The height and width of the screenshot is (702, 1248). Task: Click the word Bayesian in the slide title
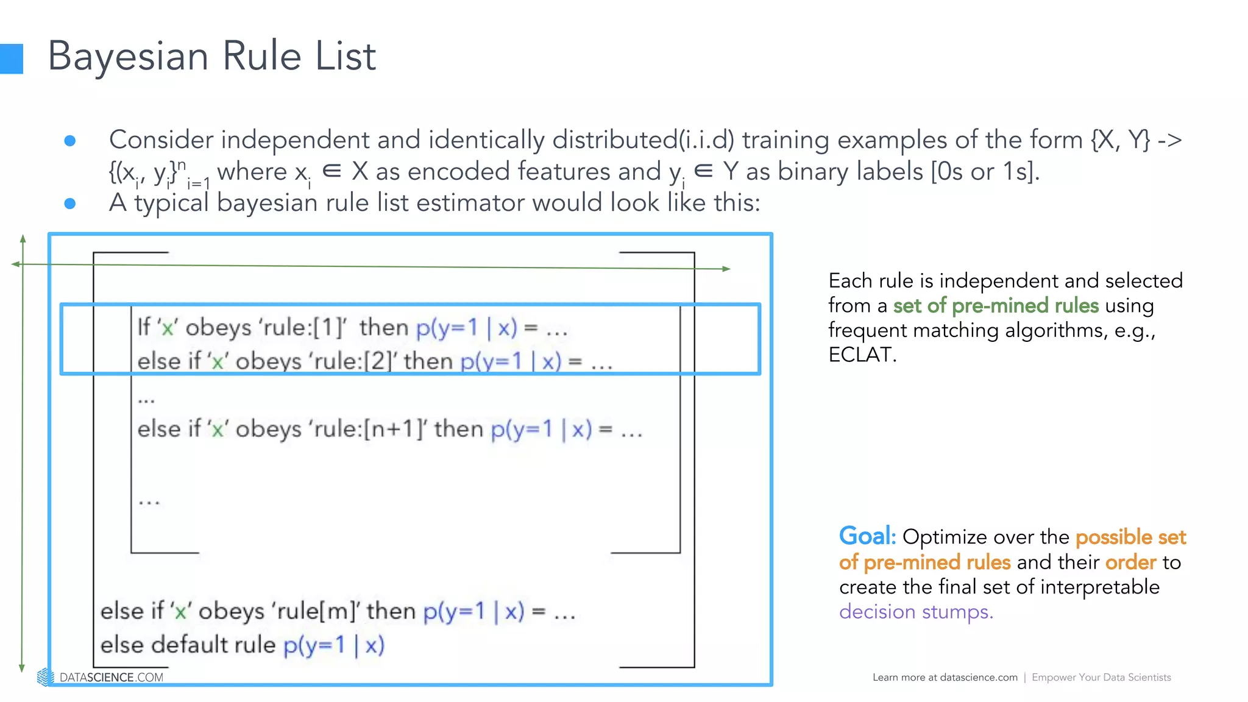[128, 57]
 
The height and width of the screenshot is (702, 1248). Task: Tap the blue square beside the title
[11, 59]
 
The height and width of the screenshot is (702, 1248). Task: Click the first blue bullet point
[70, 141]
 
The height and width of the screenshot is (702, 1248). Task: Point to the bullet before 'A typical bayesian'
[70, 204]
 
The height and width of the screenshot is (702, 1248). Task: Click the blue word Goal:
[867, 537]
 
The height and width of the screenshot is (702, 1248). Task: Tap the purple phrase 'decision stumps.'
[915, 612]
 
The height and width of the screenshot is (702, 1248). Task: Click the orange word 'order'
[1130, 562]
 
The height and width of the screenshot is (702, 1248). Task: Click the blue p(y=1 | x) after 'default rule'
[334, 645]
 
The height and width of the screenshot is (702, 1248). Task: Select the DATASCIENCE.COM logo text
[111, 678]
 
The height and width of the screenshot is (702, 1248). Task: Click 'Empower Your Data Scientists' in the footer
[1101, 678]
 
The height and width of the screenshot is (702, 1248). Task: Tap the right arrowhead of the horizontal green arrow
[726, 269]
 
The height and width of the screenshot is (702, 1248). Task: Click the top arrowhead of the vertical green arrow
[23, 238]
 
